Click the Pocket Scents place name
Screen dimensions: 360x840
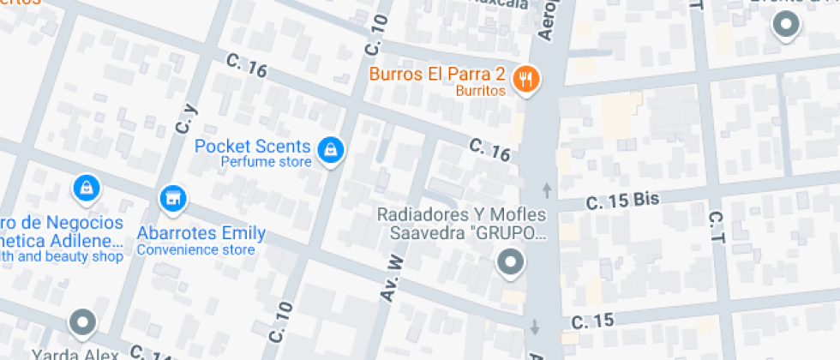[x=252, y=146]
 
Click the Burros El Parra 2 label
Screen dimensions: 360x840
[x=437, y=74]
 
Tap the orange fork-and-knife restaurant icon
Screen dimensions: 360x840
[x=525, y=81]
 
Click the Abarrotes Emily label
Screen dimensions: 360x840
[x=201, y=233]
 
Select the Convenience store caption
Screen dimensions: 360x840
[x=196, y=250]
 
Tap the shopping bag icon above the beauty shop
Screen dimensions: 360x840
[x=86, y=186]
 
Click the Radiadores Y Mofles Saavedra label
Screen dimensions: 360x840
[x=463, y=223]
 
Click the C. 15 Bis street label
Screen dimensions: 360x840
[x=622, y=201]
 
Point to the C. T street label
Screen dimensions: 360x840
[x=717, y=224]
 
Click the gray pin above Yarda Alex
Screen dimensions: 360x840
[x=82, y=323]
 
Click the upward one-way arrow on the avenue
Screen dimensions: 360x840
[x=546, y=189]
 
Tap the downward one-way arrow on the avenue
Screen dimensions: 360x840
[x=536, y=327]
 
